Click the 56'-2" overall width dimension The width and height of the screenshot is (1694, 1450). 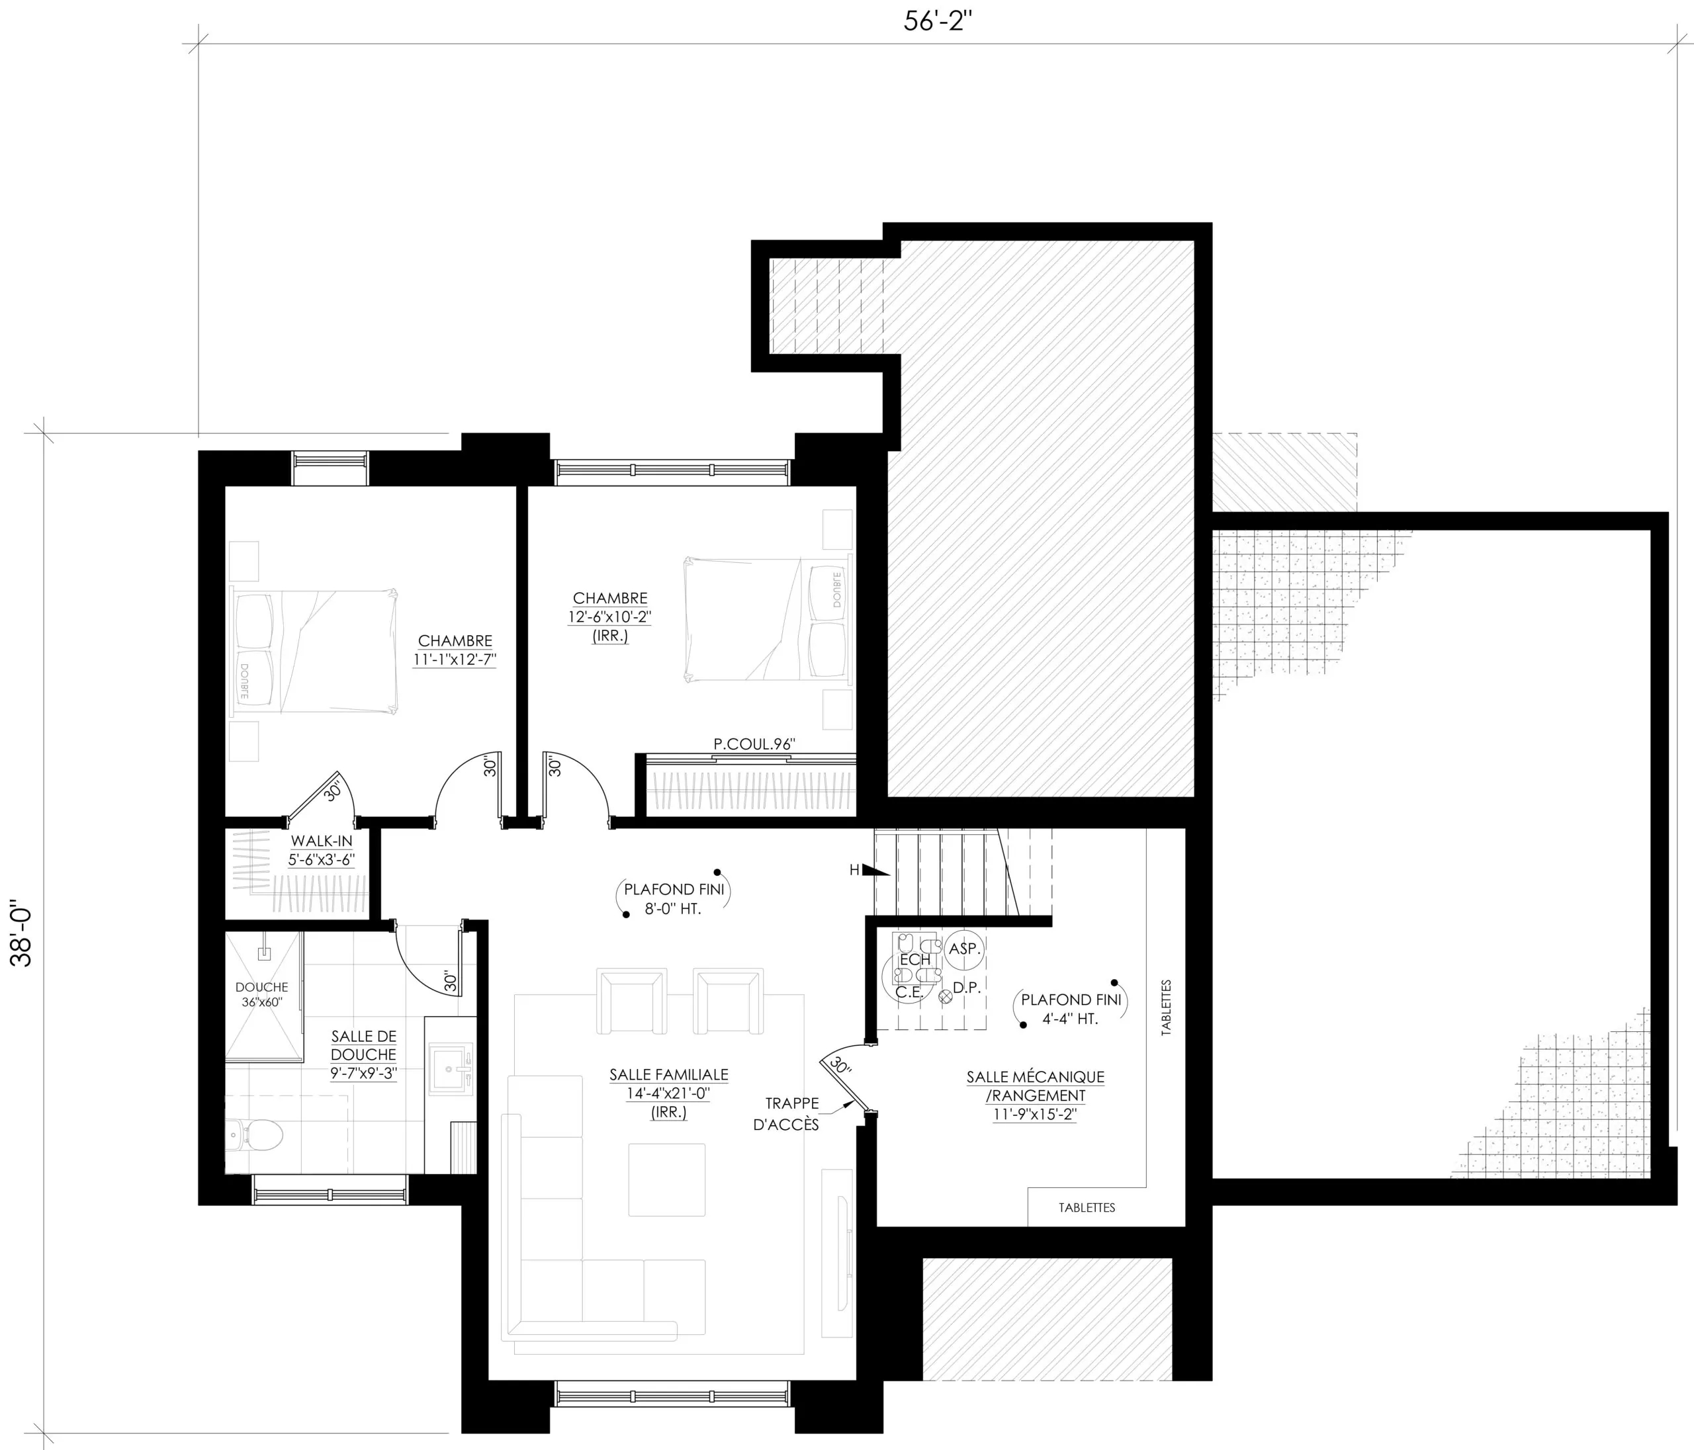coord(937,21)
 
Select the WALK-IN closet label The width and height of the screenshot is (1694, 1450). coord(322,841)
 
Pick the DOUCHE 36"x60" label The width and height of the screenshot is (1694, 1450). coord(261,995)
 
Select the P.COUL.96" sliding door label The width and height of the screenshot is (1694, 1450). coord(754,744)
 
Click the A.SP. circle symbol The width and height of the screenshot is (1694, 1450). coord(965,950)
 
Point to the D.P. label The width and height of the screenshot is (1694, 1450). coord(966,988)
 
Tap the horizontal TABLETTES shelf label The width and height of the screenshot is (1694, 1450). coord(1087,1207)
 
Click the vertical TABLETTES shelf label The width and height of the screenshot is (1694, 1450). coord(1166,1008)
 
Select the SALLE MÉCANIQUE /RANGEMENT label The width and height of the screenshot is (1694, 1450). coord(1035,1086)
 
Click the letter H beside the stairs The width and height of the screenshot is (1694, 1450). coord(854,871)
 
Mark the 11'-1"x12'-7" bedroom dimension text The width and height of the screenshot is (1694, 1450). coord(455,660)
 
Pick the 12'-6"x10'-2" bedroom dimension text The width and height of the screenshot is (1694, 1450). coord(610,617)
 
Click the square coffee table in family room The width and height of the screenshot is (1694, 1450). coord(666,1179)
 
